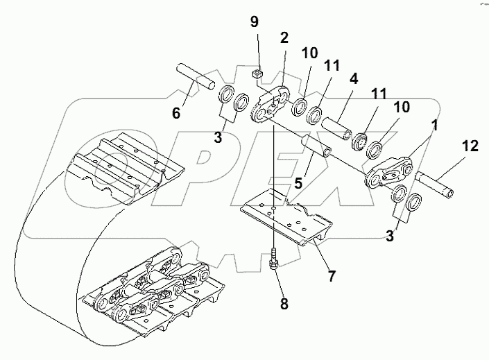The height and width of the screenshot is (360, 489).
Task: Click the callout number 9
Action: click(x=255, y=22)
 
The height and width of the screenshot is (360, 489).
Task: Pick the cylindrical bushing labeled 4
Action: click(x=338, y=130)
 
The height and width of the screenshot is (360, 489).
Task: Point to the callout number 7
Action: click(x=332, y=276)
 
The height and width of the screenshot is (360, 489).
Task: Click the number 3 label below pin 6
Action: click(x=218, y=137)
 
